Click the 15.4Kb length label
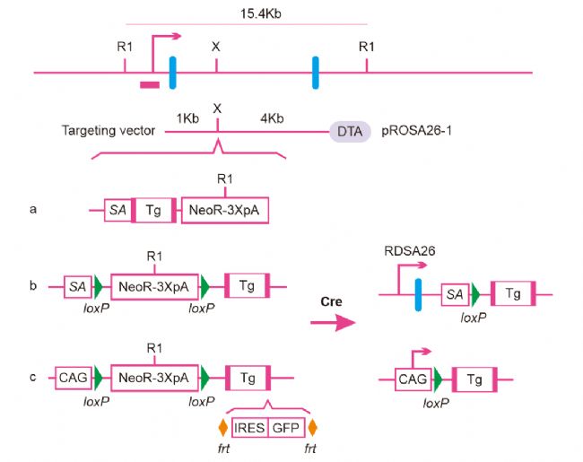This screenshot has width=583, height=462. [260, 13]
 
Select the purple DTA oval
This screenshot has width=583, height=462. [350, 131]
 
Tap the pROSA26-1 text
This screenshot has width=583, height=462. [416, 131]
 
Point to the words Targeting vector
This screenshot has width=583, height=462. [109, 131]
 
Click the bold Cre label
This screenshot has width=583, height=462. [331, 301]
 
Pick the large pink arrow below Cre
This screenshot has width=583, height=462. [333, 322]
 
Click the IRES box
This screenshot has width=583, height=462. [250, 428]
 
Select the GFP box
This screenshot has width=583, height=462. [286, 428]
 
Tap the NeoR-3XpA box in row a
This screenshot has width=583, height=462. [225, 210]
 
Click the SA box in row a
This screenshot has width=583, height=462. [118, 210]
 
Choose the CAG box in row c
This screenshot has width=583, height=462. [74, 378]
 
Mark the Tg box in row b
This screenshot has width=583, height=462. [248, 285]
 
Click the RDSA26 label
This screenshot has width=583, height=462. [410, 251]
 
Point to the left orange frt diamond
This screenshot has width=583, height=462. [223, 428]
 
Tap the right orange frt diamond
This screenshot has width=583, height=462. [313, 428]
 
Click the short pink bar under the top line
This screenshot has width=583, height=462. [150, 85]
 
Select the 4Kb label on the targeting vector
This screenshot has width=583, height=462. [272, 118]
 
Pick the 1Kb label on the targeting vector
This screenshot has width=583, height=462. [187, 118]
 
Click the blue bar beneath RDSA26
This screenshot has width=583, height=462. [418, 294]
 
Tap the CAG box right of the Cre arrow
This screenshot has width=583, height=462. [413, 379]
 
